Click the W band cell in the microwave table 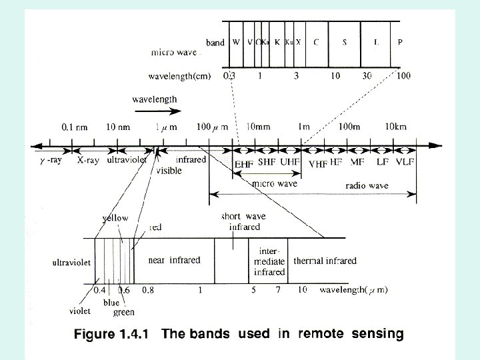[x=236, y=42]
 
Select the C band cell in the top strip [x=315, y=42]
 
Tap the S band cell [x=345, y=42]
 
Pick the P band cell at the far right [x=400, y=42]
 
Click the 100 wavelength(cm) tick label [x=403, y=76]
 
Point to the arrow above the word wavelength [x=154, y=111]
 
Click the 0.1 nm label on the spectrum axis [x=75, y=126]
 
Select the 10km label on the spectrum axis [x=396, y=126]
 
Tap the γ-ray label [x=50, y=161]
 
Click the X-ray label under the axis [x=89, y=161]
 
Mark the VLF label [x=405, y=162]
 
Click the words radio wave [x=365, y=185]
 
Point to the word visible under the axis [x=169, y=171]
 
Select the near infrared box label [x=175, y=260]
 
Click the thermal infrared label [x=325, y=261]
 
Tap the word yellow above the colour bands [x=115, y=218]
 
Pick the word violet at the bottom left [x=81, y=310]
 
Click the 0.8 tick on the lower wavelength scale [x=147, y=290]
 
